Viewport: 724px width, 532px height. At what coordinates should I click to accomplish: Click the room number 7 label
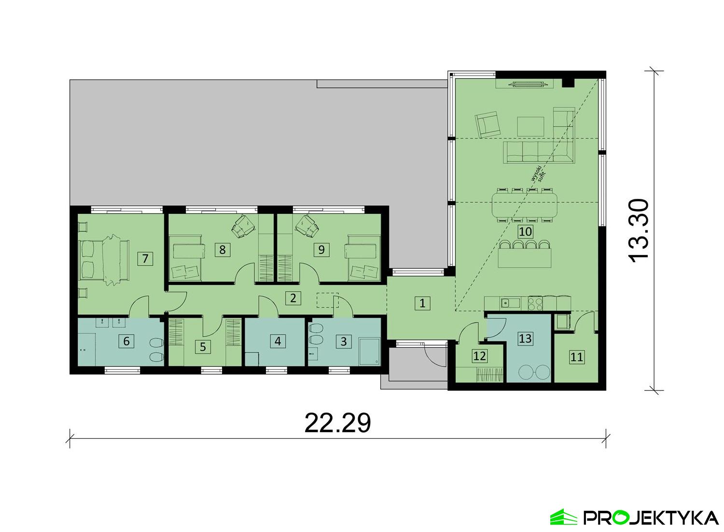click(145, 259)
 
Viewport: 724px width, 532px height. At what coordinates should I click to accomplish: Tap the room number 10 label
click(525, 231)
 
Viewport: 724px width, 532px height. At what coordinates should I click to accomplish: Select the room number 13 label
click(525, 338)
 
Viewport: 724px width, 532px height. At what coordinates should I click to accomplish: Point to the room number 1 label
click(422, 303)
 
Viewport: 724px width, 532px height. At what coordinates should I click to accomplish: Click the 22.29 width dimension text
click(337, 423)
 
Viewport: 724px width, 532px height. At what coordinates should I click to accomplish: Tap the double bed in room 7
click(104, 259)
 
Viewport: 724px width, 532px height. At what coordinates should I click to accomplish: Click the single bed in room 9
click(362, 258)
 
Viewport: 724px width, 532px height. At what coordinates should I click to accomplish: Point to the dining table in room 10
click(525, 205)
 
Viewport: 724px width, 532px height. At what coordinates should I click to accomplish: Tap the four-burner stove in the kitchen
click(536, 303)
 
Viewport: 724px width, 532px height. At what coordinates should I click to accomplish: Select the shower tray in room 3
click(369, 351)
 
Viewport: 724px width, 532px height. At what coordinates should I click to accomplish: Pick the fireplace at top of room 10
click(524, 84)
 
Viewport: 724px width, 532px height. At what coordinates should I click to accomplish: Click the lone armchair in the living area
click(487, 125)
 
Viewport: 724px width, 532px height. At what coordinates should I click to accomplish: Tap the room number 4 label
click(278, 341)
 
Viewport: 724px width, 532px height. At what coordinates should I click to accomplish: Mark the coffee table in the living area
click(531, 126)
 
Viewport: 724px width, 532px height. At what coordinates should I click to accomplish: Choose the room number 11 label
click(577, 357)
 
